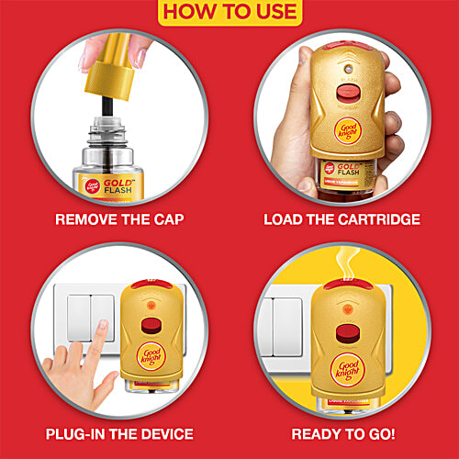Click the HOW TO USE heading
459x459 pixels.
point(229,12)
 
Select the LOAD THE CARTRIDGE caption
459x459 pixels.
point(341,220)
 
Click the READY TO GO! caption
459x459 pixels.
point(343,434)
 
